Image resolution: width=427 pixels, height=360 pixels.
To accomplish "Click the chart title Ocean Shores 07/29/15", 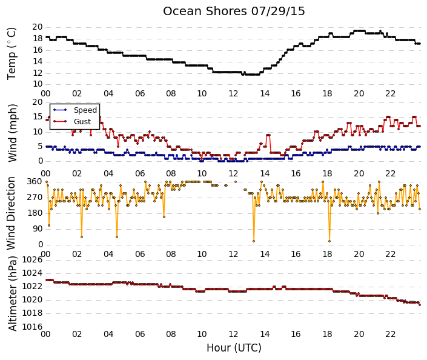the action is tap(234, 12).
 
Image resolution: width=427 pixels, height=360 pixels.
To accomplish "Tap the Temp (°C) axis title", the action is tap(12, 54).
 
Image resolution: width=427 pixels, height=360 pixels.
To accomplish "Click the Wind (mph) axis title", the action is tap(12, 133).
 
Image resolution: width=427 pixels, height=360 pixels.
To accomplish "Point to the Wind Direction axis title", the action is tap(11, 213).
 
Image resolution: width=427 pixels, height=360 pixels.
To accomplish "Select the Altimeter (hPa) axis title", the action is tap(13, 293).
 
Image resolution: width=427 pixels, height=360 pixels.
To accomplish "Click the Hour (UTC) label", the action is tap(234, 348).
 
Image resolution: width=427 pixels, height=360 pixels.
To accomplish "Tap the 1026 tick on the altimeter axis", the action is tap(33, 260).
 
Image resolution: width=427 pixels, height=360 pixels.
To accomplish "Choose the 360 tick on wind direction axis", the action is tap(35, 182).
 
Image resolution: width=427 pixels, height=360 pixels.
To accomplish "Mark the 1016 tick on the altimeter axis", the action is tap(33, 327).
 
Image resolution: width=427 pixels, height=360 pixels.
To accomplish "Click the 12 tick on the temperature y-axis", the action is tap(38, 73).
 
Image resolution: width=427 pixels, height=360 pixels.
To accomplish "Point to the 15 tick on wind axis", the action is tap(38, 117).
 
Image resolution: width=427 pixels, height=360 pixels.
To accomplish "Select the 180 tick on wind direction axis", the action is tap(35, 213).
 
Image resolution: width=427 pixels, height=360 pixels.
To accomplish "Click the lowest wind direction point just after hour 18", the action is tap(329, 241).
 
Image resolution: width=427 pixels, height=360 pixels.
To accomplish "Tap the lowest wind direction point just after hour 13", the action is tap(254, 241).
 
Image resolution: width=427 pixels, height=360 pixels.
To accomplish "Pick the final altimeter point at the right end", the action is tap(420, 305).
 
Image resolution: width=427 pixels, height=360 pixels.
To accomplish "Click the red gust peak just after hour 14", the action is tap(268, 135).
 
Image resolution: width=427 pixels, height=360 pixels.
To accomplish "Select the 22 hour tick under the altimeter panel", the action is tap(390, 334).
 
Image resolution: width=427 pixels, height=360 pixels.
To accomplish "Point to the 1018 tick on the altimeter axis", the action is tap(33, 313).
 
